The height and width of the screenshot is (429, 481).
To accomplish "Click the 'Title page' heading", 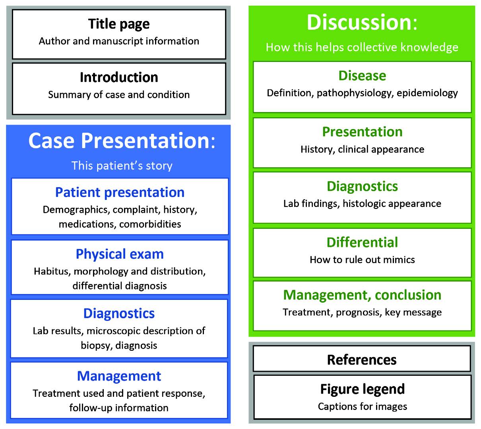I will click(119, 24).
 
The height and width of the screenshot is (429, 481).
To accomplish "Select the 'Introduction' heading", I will click(119, 77).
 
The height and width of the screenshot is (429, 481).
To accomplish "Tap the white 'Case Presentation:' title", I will click(121, 141).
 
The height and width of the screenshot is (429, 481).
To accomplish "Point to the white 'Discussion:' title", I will click(362, 22).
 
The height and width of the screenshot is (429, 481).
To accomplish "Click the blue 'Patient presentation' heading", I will click(120, 192).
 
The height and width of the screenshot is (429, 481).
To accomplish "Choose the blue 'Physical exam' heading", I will click(120, 254).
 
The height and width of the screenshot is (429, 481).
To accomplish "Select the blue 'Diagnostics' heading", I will click(119, 313).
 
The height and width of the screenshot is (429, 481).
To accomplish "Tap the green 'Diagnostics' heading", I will click(362, 186).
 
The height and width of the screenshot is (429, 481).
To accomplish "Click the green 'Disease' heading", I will click(362, 75).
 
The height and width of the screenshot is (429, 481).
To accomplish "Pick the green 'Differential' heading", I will click(362, 242).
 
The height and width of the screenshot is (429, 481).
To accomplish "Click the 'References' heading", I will click(362, 360).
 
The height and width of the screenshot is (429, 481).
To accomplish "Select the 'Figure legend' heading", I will click(362, 389).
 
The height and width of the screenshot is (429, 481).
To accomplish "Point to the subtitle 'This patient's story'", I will click(122, 166).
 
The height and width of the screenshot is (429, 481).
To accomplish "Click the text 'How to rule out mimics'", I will click(362, 260).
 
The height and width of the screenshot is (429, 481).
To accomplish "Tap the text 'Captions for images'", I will click(362, 406).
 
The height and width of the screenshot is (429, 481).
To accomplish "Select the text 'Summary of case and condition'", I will click(119, 95).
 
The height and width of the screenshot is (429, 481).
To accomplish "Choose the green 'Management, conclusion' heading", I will click(362, 295).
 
